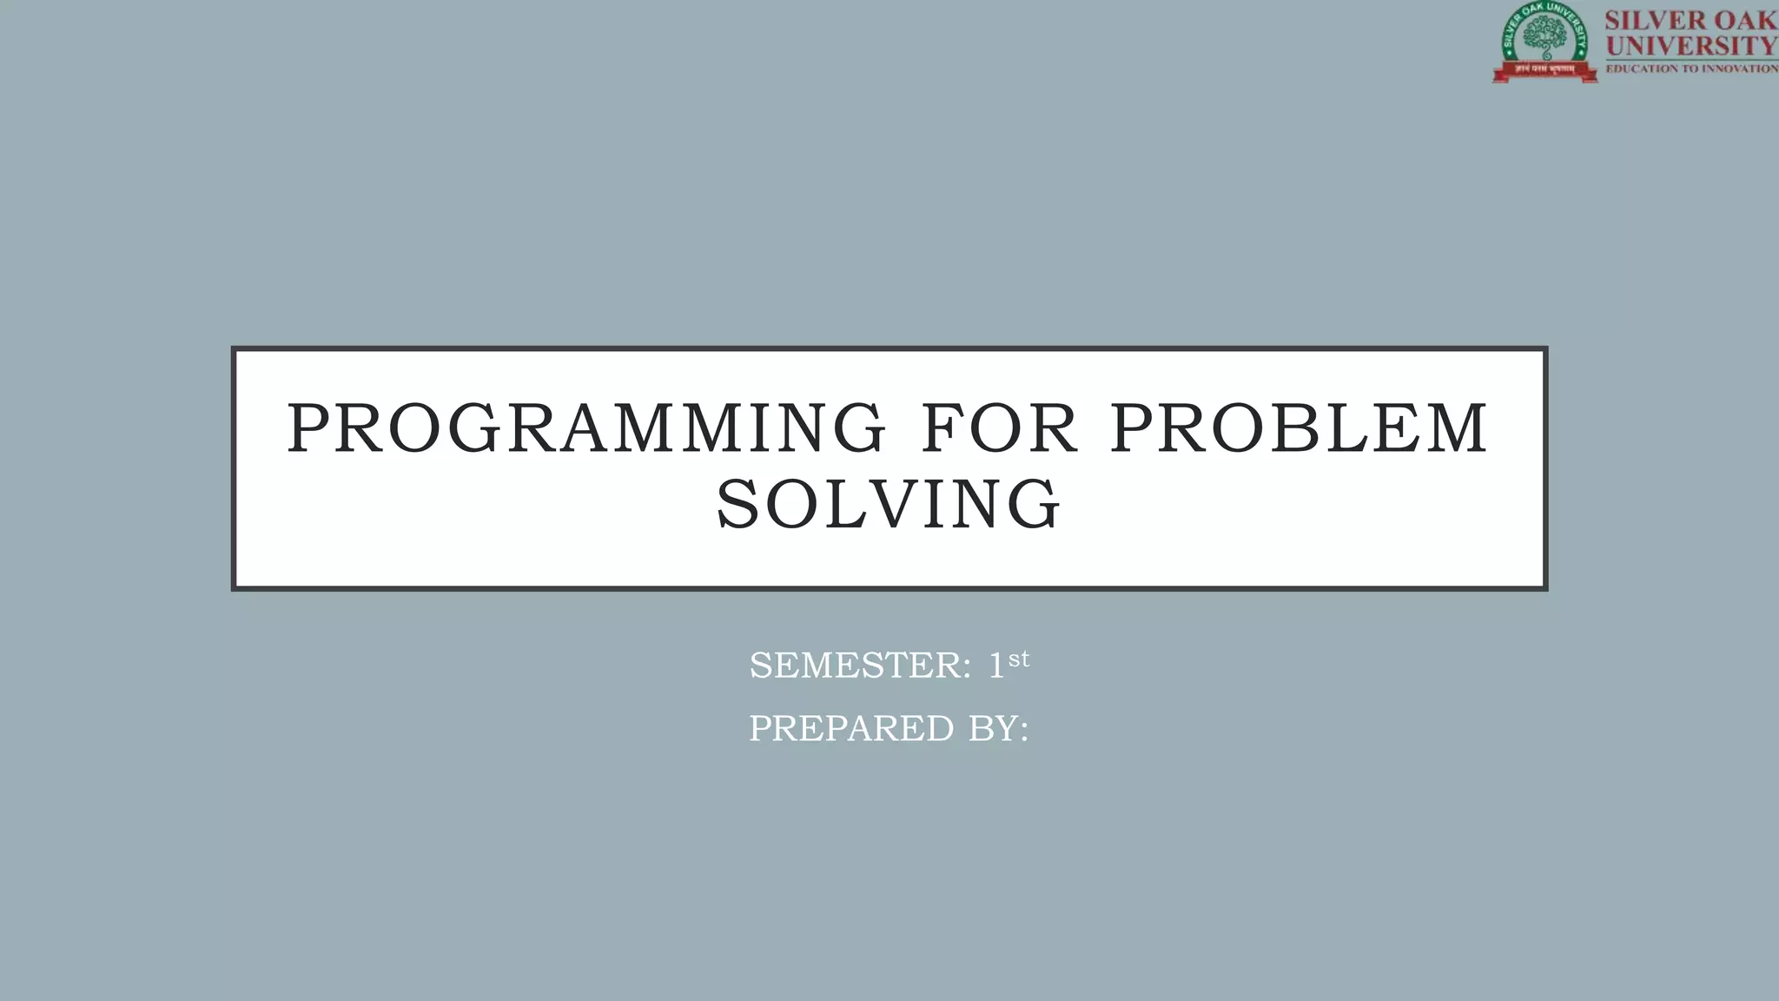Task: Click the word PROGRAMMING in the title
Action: [x=586, y=428]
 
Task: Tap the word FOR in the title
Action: [x=999, y=428]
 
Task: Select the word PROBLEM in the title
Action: [x=1300, y=428]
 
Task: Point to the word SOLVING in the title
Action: [x=889, y=505]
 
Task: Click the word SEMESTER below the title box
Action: [x=855, y=666]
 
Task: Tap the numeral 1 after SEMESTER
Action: [x=995, y=666]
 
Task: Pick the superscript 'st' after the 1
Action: [x=1019, y=659]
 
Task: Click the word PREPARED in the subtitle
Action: [x=851, y=729]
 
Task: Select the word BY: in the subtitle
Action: [x=998, y=729]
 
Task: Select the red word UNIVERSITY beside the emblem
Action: [x=1691, y=44]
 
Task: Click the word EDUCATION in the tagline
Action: [x=1640, y=69]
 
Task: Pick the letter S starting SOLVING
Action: [x=737, y=505]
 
